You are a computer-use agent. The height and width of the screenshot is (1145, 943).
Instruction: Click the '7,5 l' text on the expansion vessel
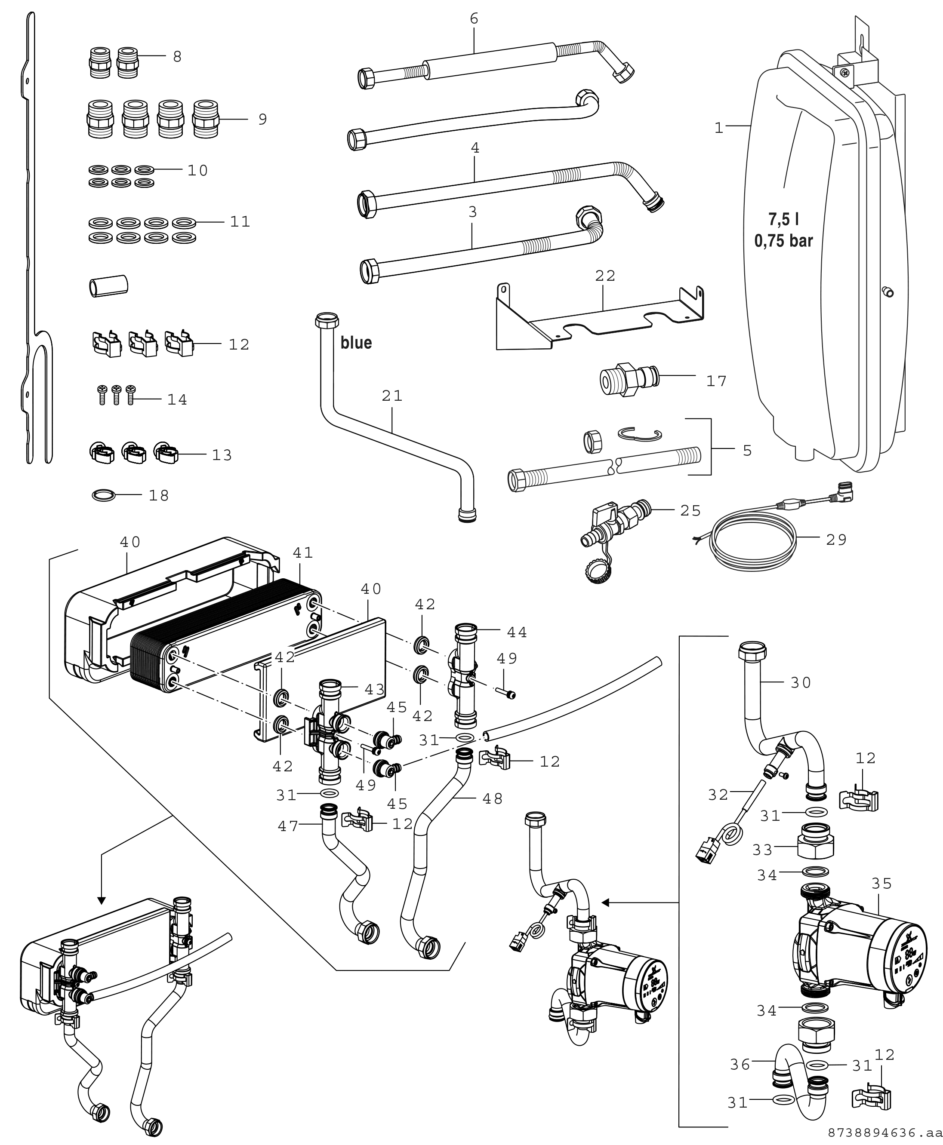(x=783, y=220)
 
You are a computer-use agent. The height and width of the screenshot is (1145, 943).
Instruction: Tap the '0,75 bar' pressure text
(x=783, y=240)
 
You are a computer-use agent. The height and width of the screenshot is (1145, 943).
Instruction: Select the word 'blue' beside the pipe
(x=356, y=343)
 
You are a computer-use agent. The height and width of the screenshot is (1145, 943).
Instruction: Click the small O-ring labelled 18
(x=104, y=495)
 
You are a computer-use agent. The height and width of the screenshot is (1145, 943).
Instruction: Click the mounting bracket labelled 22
(x=598, y=320)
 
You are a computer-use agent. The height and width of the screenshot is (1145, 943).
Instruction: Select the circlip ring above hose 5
(x=640, y=434)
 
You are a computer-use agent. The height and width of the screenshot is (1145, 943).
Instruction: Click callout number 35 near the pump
(x=881, y=884)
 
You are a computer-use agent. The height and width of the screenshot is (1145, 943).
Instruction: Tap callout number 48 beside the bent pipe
(x=492, y=798)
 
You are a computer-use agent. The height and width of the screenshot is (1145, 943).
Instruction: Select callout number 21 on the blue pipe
(x=391, y=396)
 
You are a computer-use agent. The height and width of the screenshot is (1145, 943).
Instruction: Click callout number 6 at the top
(x=474, y=19)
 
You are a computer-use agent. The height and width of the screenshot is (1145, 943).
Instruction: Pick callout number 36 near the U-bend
(x=740, y=1065)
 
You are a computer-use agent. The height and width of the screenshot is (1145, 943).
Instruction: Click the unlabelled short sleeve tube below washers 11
(x=108, y=285)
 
